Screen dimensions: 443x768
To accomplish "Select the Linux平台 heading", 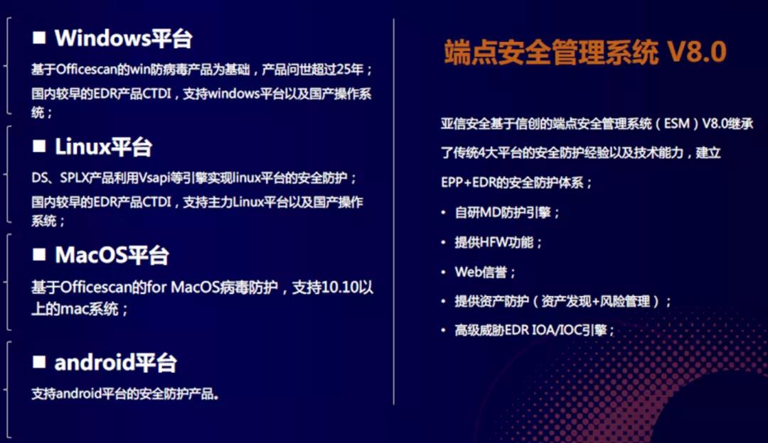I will pos(103,147).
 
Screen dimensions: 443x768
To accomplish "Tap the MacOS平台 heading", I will pos(112,255).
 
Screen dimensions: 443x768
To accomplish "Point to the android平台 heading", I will pos(115,363).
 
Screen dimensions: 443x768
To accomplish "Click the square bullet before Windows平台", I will pos(39,37).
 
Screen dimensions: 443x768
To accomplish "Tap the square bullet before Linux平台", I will pos(39,146).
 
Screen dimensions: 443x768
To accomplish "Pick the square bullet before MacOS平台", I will pos(39,254).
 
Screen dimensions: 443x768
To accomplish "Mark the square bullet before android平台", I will pos(39,362).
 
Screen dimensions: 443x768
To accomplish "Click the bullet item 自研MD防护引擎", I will pos(508,212).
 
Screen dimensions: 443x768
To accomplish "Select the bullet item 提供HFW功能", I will pos(498,242).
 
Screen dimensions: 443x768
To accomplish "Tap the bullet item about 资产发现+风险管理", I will pos(562,302).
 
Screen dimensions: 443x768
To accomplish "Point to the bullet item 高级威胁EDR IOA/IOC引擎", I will pos(534,331).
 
